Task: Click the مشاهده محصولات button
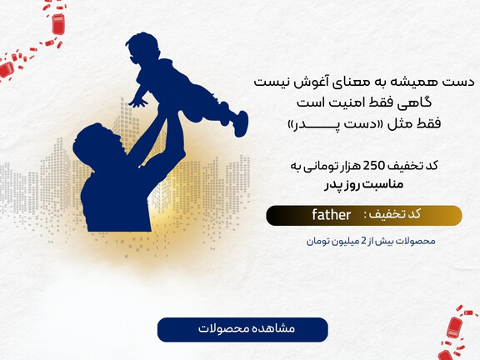(x=242, y=329)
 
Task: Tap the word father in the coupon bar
(x=332, y=215)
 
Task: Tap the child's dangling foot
(x=241, y=125)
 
